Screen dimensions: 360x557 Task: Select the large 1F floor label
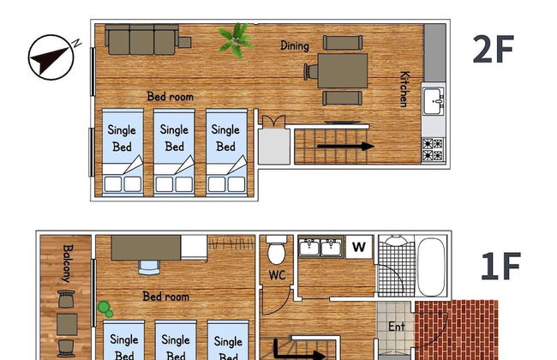500,267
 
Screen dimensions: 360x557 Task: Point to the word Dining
295,45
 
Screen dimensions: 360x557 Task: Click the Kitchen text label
403,89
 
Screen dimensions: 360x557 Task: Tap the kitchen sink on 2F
434,103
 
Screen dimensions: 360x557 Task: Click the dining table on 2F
343,70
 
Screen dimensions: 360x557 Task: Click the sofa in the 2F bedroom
142,39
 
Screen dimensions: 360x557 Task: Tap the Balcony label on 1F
67,264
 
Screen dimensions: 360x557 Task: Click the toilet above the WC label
277,251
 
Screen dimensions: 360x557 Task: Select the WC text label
277,275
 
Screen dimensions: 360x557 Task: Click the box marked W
360,247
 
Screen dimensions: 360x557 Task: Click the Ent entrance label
396,327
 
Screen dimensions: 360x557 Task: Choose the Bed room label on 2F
170,97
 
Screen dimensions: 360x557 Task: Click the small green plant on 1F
105,306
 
